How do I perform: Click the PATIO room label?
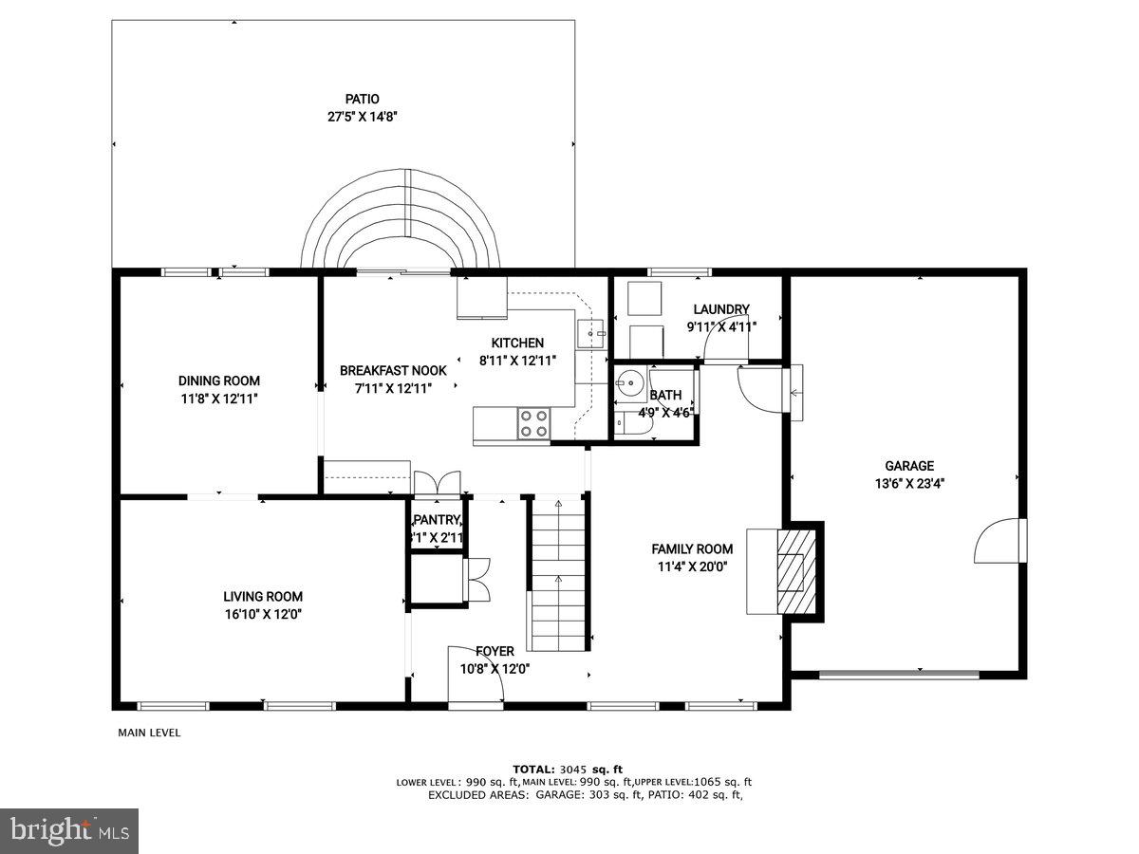tap(362, 99)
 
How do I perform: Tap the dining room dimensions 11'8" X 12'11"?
tap(218, 399)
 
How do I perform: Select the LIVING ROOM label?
tap(263, 597)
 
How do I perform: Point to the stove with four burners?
tap(533, 423)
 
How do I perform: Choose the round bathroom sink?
tap(628, 384)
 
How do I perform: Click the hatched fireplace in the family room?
tap(795, 572)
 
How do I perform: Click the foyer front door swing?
tap(475, 676)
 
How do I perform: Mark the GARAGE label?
tap(909, 466)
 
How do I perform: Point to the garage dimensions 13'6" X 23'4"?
tap(909, 482)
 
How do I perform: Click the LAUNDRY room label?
tap(721, 309)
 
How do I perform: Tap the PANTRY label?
tap(437, 520)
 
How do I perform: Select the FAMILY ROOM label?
tap(692, 548)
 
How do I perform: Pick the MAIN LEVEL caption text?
tap(149, 733)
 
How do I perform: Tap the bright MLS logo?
tap(69, 831)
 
